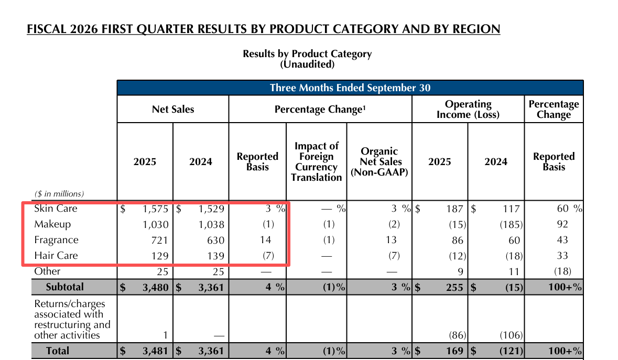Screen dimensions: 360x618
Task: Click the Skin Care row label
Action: [x=56, y=209]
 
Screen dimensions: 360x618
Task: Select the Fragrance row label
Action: [x=56, y=240]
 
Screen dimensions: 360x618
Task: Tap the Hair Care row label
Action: [x=56, y=256]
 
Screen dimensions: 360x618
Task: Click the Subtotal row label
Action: [x=64, y=287]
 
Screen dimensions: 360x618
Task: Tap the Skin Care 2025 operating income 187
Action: [x=454, y=209]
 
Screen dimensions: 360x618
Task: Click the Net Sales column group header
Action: [x=173, y=110]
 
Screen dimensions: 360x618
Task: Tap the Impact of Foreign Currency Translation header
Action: [x=316, y=161]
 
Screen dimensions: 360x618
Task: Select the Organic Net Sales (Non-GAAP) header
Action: [x=379, y=161]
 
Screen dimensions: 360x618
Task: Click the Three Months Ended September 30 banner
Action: [x=350, y=88]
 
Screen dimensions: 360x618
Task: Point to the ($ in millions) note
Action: [x=59, y=194]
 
